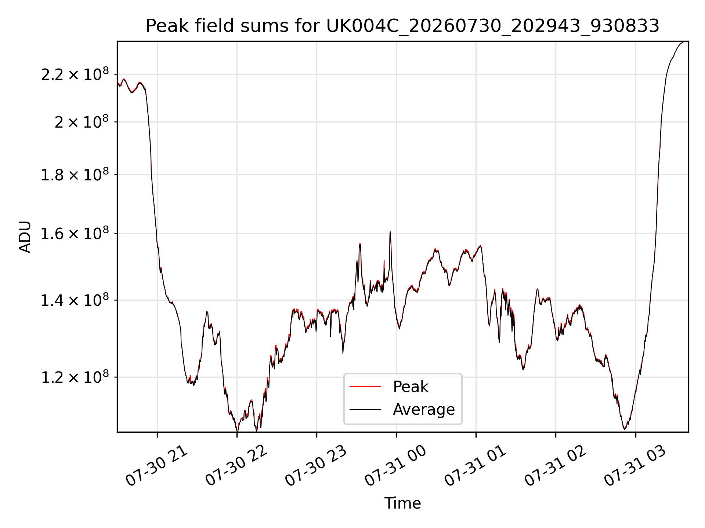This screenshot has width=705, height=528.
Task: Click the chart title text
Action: click(x=402, y=26)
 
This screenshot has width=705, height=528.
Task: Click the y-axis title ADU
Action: click(x=25, y=237)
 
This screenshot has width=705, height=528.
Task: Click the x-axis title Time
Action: click(x=402, y=503)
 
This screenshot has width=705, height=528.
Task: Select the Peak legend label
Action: click(x=411, y=387)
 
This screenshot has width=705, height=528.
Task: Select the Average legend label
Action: click(x=424, y=409)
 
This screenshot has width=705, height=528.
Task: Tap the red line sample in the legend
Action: click(x=365, y=386)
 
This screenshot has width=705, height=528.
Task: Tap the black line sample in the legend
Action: click(x=365, y=409)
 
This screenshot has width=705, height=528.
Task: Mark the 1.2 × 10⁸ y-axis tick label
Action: click(x=75, y=377)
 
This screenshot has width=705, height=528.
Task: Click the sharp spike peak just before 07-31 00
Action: click(x=390, y=232)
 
